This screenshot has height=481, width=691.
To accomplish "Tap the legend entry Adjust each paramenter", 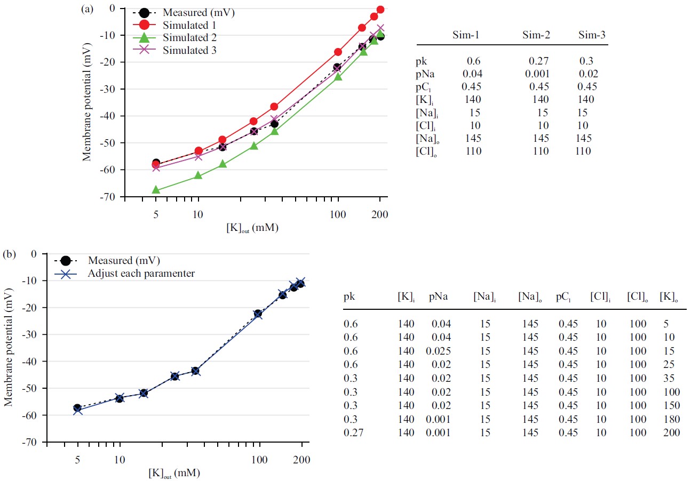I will click(x=141, y=273).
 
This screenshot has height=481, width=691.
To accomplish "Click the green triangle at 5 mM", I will click(x=156, y=190).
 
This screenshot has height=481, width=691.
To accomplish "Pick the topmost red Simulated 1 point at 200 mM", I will click(x=380, y=10).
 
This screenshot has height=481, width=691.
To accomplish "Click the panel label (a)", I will click(x=87, y=9).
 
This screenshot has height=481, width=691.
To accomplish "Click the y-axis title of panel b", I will click(x=9, y=348).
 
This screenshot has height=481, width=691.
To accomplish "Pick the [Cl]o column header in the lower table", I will click(x=638, y=296).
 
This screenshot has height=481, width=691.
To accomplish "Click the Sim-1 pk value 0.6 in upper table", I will click(x=470, y=61).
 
